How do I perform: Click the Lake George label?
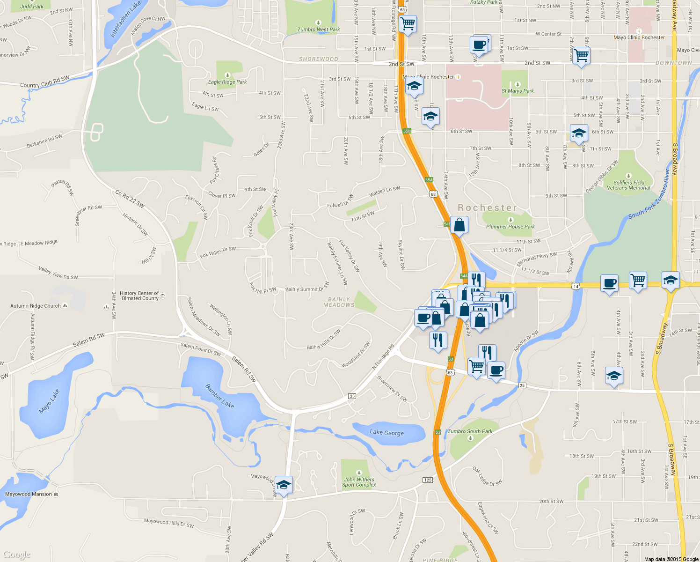(386, 432)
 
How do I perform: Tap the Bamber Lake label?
(219, 396)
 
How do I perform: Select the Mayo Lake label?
(49, 401)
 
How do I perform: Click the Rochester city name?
(487, 207)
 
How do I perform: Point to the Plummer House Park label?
(510, 227)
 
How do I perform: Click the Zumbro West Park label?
(319, 29)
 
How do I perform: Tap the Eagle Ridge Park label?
(227, 82)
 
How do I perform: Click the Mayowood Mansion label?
(29, 494)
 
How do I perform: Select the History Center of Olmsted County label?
(140, 296)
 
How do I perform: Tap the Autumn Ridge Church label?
(36, 306)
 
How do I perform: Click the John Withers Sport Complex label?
(359, 482)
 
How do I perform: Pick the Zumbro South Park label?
(470, 431)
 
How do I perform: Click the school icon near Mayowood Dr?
(284, 485)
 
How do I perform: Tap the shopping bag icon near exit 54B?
(459, 225)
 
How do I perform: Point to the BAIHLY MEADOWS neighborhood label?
(339, 302)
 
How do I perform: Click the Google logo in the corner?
(17, 555)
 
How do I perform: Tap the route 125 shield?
(427, 480)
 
